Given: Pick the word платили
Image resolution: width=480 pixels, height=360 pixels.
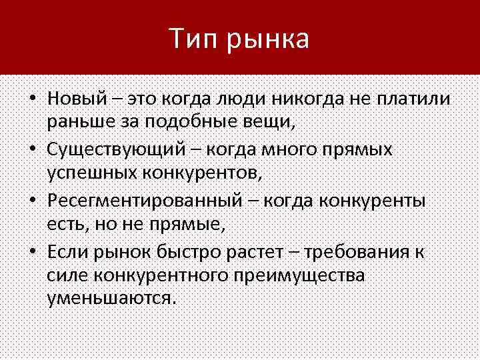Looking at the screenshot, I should tap(414, 99).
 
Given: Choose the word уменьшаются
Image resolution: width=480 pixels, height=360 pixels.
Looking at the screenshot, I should tap(111, 298).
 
